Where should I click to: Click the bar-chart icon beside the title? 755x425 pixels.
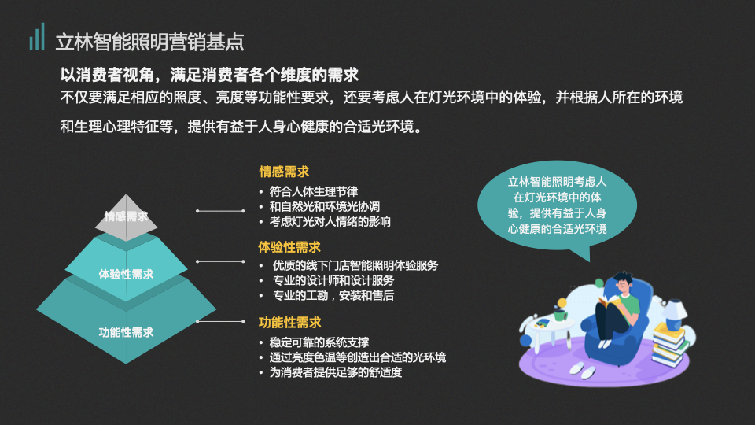tap(37, 37)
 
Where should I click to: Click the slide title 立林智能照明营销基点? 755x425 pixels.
tap(149, 42)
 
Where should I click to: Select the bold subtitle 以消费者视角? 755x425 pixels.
tap(107, 75)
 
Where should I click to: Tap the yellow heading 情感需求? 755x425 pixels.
tap(284, 172)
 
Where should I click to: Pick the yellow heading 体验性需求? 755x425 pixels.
tap(289, 247)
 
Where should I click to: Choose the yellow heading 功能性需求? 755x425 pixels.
tap(289, 323)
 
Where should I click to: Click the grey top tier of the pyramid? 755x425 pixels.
tap(126, 218)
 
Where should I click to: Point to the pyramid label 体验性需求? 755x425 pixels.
tap(126, 274)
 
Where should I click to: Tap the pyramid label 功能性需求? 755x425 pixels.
tap(126, 332)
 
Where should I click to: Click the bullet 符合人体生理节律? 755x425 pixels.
tap(314, 192)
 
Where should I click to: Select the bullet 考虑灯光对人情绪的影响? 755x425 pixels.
tap(330, 222)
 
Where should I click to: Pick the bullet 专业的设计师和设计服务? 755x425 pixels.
tap(333, 280)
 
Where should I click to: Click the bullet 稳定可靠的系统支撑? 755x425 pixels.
tap(319, 342)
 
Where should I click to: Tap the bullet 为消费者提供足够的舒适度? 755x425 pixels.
tap(335, 372)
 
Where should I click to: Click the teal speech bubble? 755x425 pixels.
tap(557, 205)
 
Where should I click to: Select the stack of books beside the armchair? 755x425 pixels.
tap(669, 345)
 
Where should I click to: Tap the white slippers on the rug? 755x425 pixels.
tap(583, 370)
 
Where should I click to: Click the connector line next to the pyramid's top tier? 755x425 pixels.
tap(220, 211)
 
